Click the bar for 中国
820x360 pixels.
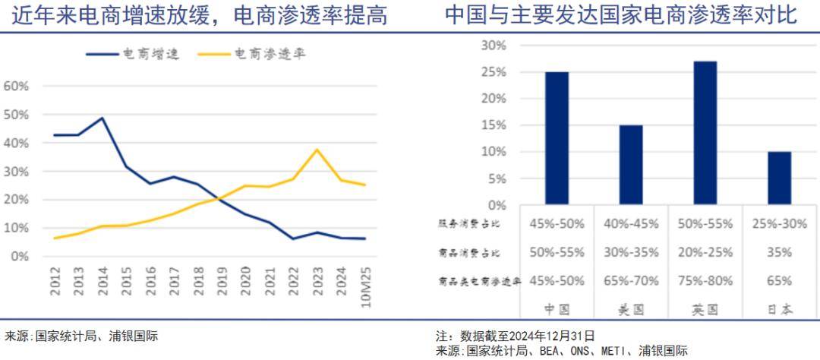pos(557,138)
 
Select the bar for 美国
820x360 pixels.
pos(630,165)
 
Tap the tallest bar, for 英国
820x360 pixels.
pos(705,133)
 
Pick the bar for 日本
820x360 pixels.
pos(778,178)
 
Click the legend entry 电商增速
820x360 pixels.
pos(132,54)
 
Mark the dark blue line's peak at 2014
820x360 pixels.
pos(102,118)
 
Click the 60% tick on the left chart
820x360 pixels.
pos(17,86)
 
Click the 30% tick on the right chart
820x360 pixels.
pos(494,46)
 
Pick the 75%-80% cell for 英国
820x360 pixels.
pos(705,280)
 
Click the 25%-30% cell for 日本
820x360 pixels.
pos(778,223)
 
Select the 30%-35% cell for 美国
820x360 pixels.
pos(630,252)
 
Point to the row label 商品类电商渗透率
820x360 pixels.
pos(479,280)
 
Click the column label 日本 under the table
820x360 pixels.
pos(778,309)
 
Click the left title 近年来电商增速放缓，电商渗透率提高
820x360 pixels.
pos(199,15)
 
